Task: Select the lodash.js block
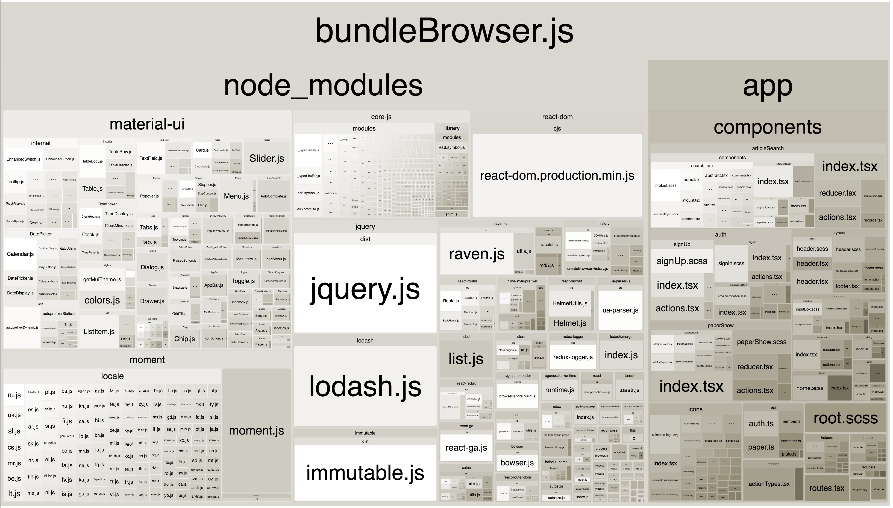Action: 365,386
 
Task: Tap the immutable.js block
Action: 365,472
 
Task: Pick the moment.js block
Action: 257,430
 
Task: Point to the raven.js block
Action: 477,254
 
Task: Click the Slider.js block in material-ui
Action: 267,158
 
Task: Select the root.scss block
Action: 845,418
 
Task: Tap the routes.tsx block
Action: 827,488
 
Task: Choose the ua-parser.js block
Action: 620,310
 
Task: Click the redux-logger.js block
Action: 573,357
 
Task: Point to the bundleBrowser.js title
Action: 444,31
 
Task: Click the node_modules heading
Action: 323,85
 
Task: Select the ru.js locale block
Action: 14,395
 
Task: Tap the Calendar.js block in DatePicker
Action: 20,254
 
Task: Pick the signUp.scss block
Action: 681,261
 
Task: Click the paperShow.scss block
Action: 762,342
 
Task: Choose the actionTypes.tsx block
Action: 769,484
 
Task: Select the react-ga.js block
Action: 466,448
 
